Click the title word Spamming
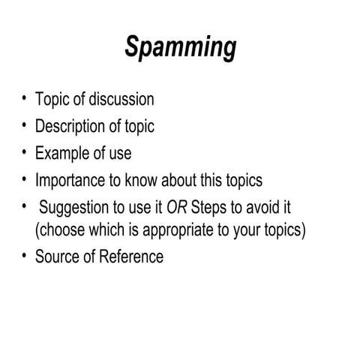pos(180,47)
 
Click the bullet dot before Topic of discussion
pos(25,98)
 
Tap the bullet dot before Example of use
pos(25,151)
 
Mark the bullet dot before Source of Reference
pos(25,256)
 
